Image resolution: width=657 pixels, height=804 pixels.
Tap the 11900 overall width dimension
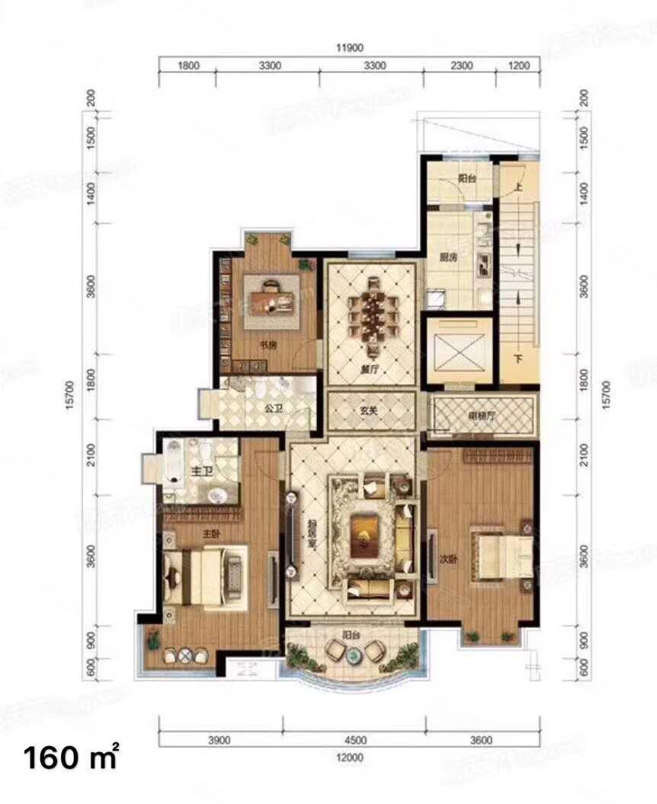(x=348, y=48)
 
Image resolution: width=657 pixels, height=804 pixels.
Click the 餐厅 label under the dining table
(x=371, y=368)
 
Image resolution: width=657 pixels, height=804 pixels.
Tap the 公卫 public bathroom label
(x=274, y=408)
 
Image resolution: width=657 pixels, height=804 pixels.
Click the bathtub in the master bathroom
(x=173, y=466)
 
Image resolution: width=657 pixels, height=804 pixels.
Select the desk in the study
(x=271, y=295)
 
